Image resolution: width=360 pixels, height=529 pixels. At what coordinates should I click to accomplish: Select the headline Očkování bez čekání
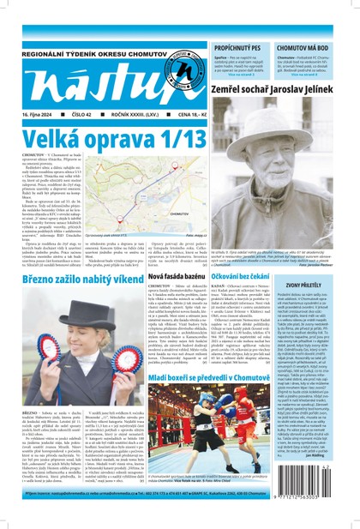click(x=245, y=291)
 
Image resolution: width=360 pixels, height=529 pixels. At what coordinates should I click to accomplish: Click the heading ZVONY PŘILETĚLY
click(x=326, y=283)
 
